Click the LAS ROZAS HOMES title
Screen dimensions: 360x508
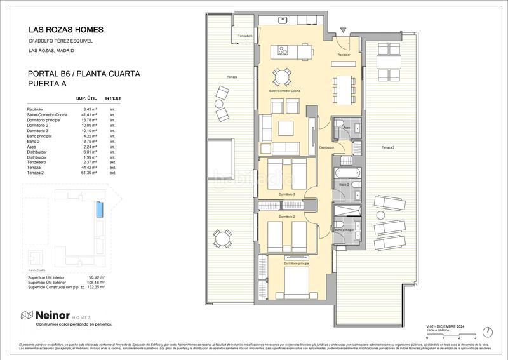(x=65, y=30)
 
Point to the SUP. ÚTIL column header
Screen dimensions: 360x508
(x=86, y=99)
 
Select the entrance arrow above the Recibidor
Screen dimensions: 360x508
(x=344, y=30)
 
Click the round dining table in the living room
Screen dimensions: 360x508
(x=281, y=77)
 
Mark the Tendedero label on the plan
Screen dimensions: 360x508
(x=245, y=36)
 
